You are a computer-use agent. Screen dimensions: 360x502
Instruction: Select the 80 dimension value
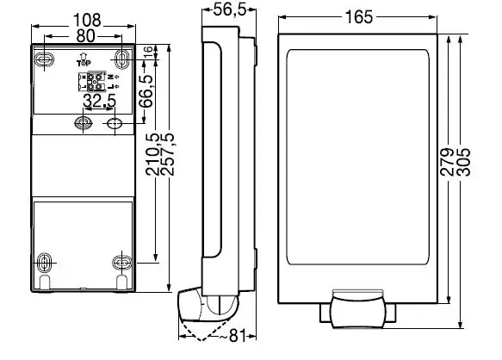(x=84, y=36)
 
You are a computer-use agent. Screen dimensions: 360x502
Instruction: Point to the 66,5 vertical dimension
(x=148, y=91)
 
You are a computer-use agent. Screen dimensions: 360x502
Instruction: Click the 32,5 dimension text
(x=100, y=102)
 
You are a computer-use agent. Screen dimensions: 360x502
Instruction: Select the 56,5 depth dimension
(x=226, y=10)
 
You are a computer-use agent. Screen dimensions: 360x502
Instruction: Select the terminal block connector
(x=96, y=82)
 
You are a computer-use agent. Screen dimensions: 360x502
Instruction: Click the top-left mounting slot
(x=46, y=57)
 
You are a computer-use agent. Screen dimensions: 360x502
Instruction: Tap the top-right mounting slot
(x=121, y=57)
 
